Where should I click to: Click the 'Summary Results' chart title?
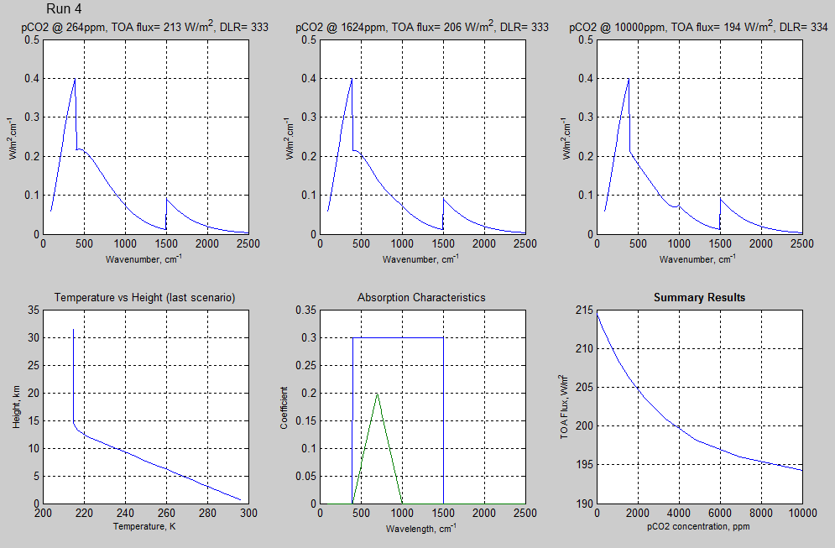pyautogui.click(x=699, y=298)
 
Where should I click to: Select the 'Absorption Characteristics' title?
pyautogui.click(x=421, y=298)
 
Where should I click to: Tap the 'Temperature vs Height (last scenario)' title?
pyautogui.click(x=144, y=298)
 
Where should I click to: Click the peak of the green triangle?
pyautogui.click(x=378, y=394)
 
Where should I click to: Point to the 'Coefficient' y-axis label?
pyautogui.click(x=284, y=407)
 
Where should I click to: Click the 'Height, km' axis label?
pyautogui.click(x=15, y=407)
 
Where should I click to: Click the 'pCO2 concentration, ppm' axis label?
pyautogui.click(x=699, y=527)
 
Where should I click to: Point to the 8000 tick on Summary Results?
pyautogui.click(x=761, y=513)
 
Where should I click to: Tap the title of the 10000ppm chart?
pyautogui.click(x=698, y=28)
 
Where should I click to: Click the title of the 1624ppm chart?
pyautogui.click(x=422, y=28)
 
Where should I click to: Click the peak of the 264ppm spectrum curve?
pyautogui.click(x=75, y=79)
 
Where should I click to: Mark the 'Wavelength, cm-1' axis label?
pyautogui.click(x=421, y=529)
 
